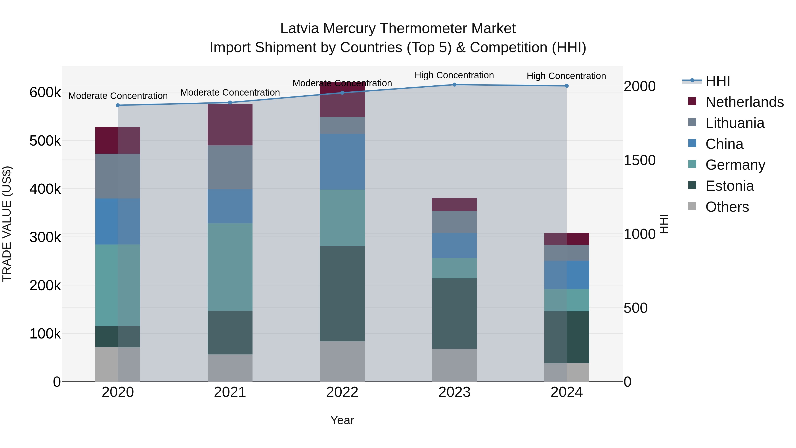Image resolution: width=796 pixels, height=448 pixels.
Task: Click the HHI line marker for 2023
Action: tap(454, 85)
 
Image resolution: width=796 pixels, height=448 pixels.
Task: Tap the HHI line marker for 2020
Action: tap(118, 106)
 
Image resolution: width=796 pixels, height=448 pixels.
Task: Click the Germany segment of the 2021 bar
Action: tap(230, 267)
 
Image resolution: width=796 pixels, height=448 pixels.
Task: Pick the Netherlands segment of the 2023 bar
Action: tap(454, 204)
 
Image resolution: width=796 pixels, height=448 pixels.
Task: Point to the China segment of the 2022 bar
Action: tap(342, 162)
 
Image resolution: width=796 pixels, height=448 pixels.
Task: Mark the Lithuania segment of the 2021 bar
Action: tap(230, 167)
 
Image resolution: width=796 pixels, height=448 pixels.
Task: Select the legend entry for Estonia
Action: tap(729, 186)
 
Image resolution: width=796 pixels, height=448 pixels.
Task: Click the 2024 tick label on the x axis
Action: tap(566, 392)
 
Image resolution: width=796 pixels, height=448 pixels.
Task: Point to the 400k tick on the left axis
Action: tap(45, 189)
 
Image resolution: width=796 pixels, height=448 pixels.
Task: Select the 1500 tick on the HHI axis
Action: tap(639, 160)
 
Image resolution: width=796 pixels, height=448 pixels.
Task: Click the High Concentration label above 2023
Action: tap(454, 75)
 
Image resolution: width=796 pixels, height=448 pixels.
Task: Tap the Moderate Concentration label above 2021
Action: tap(230, 92)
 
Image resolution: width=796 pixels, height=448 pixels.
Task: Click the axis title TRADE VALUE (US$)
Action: tap(7, 224)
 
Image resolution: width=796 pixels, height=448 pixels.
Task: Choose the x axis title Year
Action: tap(342, 420)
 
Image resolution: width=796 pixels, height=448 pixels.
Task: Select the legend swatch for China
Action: tap(692, 143)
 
